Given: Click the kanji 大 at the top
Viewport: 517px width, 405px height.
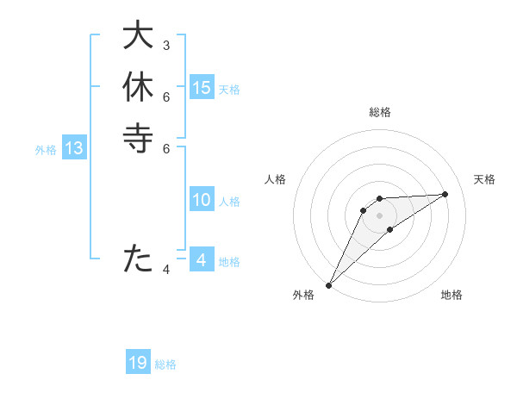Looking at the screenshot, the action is [138, 38].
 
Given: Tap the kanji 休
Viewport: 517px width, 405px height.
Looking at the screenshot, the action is [138, 89].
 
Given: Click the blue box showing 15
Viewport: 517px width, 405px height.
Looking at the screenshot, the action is [202, 87].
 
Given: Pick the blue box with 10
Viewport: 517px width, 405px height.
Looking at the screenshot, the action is [202, 200].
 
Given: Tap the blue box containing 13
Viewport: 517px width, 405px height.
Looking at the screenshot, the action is [74, 148].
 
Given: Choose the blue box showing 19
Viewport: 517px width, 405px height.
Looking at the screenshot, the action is [138, 364].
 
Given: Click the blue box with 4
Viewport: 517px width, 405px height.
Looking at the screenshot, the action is [202, 260].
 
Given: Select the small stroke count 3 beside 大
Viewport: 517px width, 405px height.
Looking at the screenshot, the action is [166, 45].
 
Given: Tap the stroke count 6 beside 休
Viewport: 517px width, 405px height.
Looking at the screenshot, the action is [166, 97].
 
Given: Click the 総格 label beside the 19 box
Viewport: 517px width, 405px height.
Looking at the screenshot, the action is [165, 364].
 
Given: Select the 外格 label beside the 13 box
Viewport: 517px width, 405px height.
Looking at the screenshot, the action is [46, 149].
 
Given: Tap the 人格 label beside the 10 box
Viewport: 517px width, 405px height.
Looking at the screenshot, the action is [229, 202].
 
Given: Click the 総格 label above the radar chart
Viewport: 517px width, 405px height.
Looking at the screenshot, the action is [379, 112].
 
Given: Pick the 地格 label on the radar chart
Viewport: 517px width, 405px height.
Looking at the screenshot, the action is [452, 295].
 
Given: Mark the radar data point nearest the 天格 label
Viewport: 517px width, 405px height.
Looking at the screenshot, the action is [445, 194].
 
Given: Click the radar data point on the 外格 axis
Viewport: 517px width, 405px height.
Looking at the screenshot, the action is [328, 285].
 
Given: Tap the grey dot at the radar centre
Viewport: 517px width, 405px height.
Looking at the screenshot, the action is [379, 215].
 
